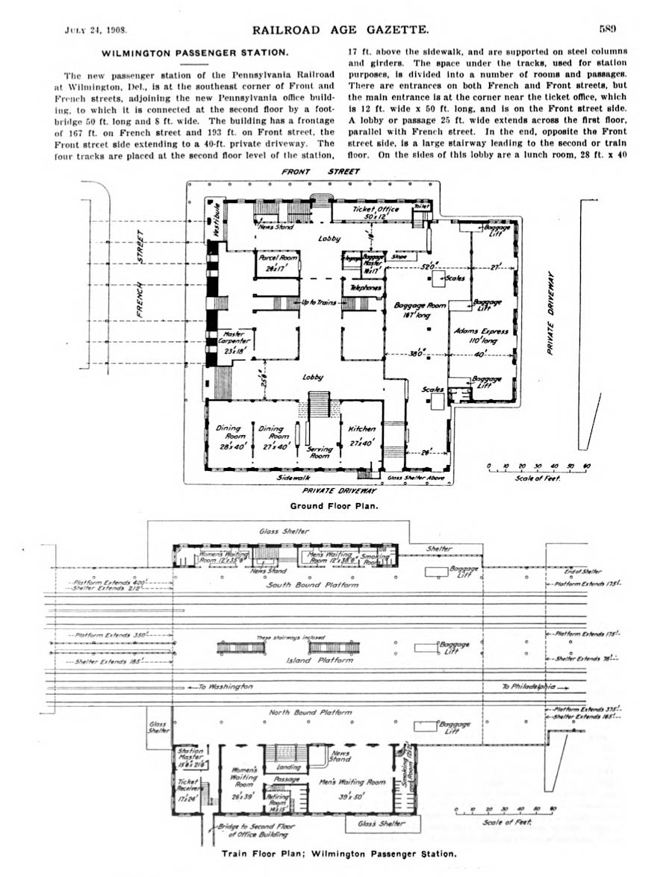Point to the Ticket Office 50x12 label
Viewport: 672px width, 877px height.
pos(376,213)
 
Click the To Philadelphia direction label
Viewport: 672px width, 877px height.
pos(532,686)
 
